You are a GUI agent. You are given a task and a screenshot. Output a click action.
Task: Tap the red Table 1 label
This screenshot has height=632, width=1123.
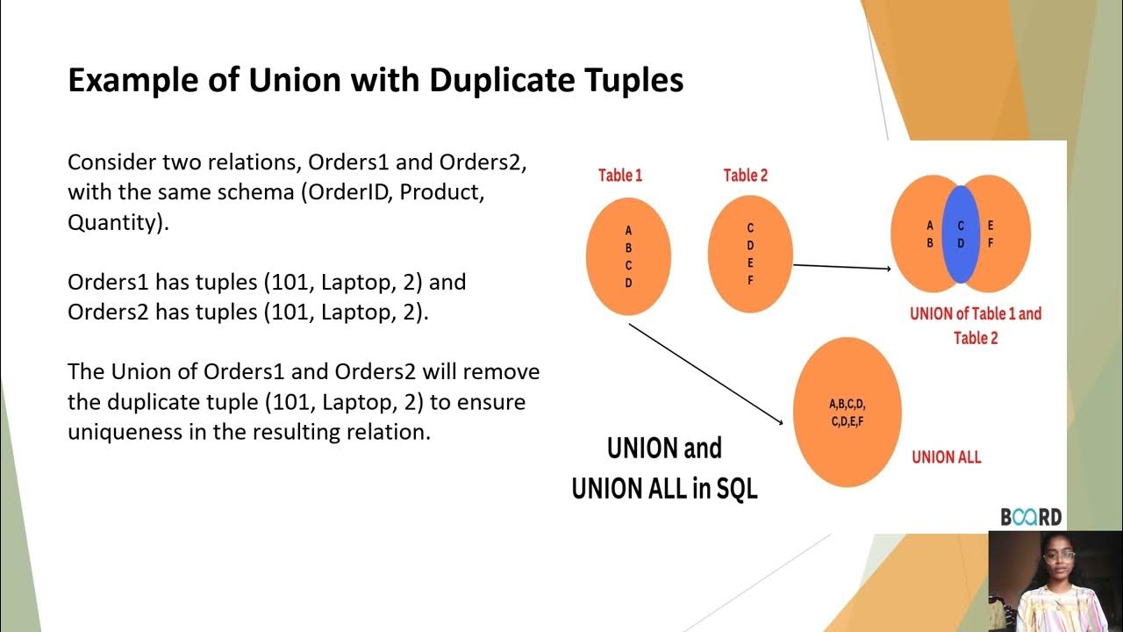[x=620, y=176]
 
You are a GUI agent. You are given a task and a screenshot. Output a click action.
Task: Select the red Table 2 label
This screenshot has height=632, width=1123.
[x=746, y=176]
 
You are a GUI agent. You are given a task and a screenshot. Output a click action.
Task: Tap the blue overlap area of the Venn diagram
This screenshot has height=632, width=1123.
[x=961, y=234]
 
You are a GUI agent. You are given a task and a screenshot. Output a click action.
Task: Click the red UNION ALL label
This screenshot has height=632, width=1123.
[x=946, y=456]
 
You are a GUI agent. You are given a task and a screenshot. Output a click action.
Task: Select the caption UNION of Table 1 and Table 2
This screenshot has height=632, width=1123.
[x=976, y=325]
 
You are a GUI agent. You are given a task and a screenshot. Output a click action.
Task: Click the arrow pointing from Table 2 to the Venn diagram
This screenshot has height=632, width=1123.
[x=842, y=266]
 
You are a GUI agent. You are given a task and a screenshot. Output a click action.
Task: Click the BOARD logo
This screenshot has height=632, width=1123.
[x=1031, y=517]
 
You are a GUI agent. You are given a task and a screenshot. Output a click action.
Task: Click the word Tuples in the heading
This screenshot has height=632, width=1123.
[x=633, y=80]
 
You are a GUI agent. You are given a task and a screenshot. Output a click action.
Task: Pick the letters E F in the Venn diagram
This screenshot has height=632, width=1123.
[x=991, y=234]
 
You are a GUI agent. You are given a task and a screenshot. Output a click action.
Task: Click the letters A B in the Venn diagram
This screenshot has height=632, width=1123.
[x=930, y=234]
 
